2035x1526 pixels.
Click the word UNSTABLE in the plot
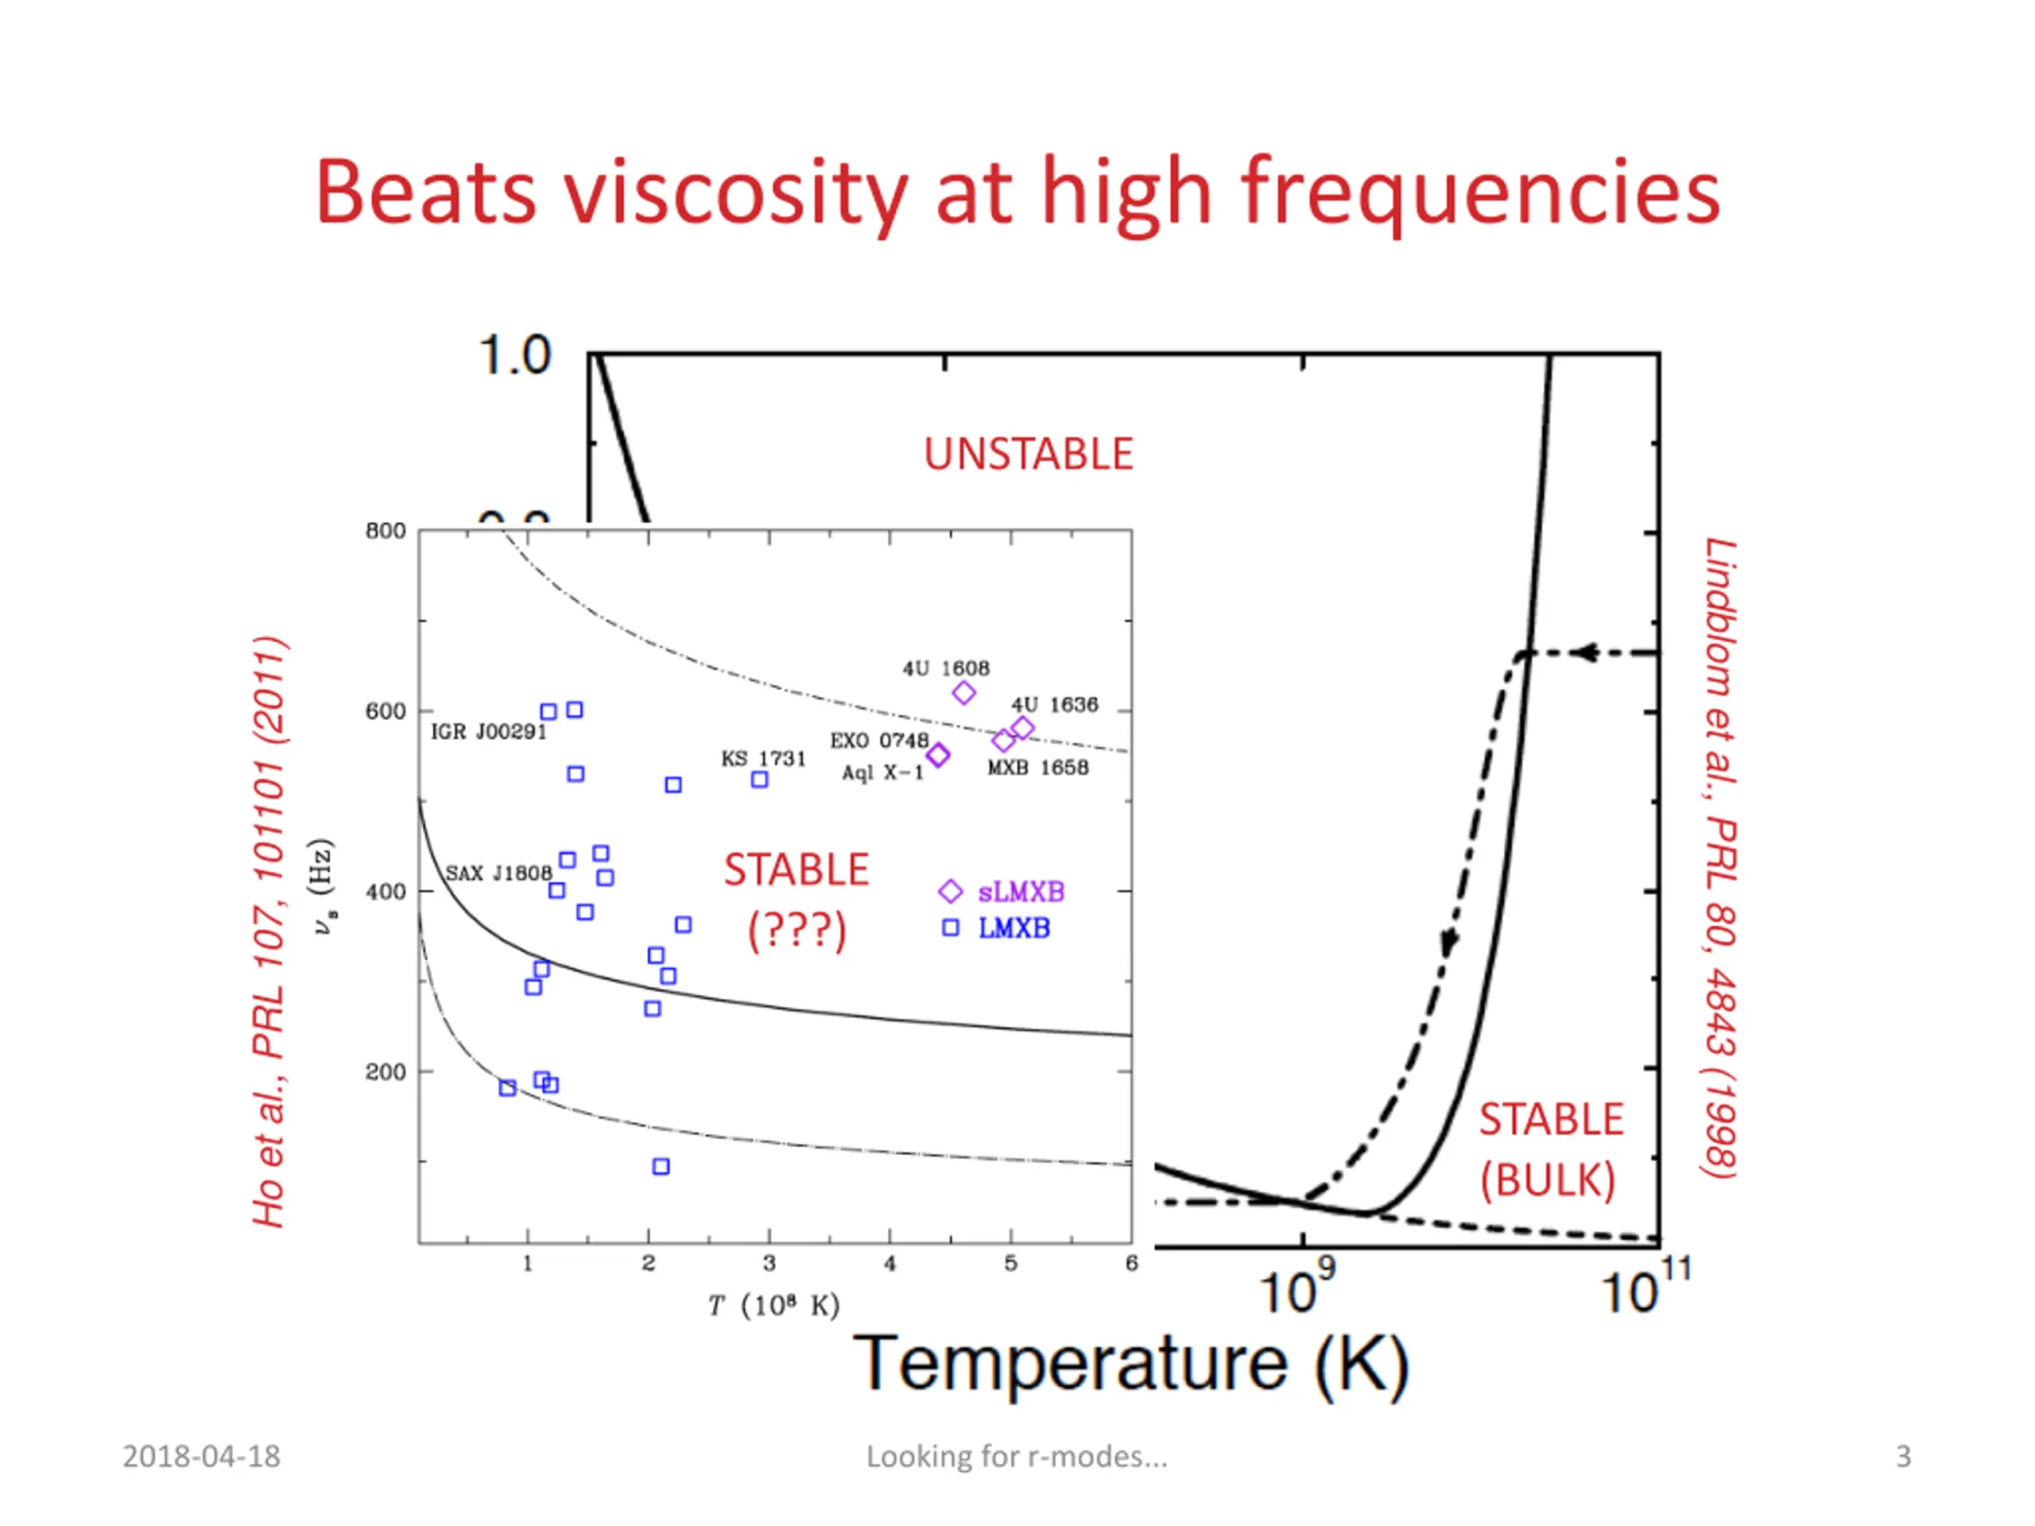[x=1028, y=455]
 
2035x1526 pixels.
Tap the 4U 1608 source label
[x=946, y=668]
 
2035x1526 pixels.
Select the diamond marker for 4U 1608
[x=963, y=692]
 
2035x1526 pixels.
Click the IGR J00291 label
[x=489, y=731]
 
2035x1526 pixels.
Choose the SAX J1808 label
[x=498, y=872]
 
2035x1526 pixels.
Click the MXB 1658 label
[x=1037, y=767]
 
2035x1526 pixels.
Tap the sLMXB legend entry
[x=1020, y=891]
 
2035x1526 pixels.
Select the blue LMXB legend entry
[x=1013, y=928]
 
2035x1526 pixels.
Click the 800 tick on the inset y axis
[x=386, y=531]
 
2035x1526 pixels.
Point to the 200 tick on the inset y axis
[x=386, y=1071]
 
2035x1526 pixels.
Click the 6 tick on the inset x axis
[x=1132, y=1264]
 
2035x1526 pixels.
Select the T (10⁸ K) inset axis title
[x=773, y=1305]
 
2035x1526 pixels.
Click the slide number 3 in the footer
[x=1904, y=1456]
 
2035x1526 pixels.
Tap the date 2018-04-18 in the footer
[x=201, y=1456]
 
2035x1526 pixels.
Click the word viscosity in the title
[x=735, y=193]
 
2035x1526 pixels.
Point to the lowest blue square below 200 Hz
[x=661, y=1166]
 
